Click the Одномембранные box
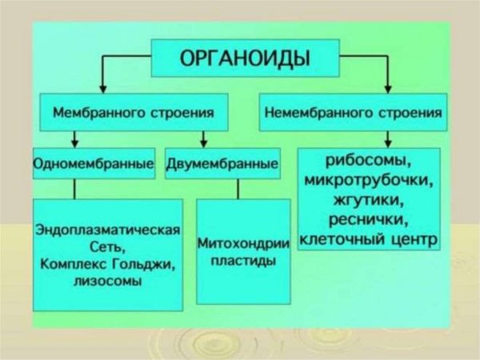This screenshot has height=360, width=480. click(94, 164)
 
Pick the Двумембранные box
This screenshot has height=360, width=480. click(222, 164)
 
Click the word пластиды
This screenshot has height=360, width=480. click(243, 261)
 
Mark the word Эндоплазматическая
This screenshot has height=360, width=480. click(106, 230)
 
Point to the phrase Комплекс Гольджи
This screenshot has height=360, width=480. click(106, 265)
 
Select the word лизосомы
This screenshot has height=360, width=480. click(106, 282)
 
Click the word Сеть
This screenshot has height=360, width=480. click(106, 247)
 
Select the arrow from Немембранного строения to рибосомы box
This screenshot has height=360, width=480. click(370, 138)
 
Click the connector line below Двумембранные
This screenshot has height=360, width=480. click(238, 189)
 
